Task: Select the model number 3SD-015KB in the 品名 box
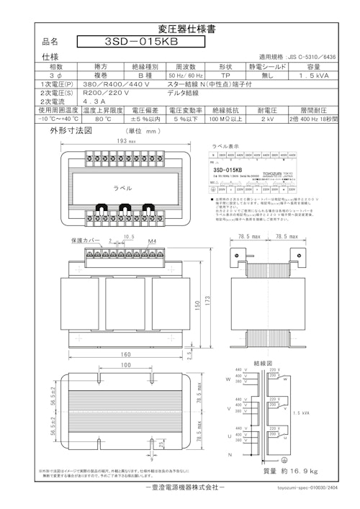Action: pos(140,42)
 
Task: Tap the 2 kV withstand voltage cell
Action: pos(266,120)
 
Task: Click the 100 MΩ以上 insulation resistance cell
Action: pos(225,120)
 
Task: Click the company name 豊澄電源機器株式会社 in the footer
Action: pos(180,487)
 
